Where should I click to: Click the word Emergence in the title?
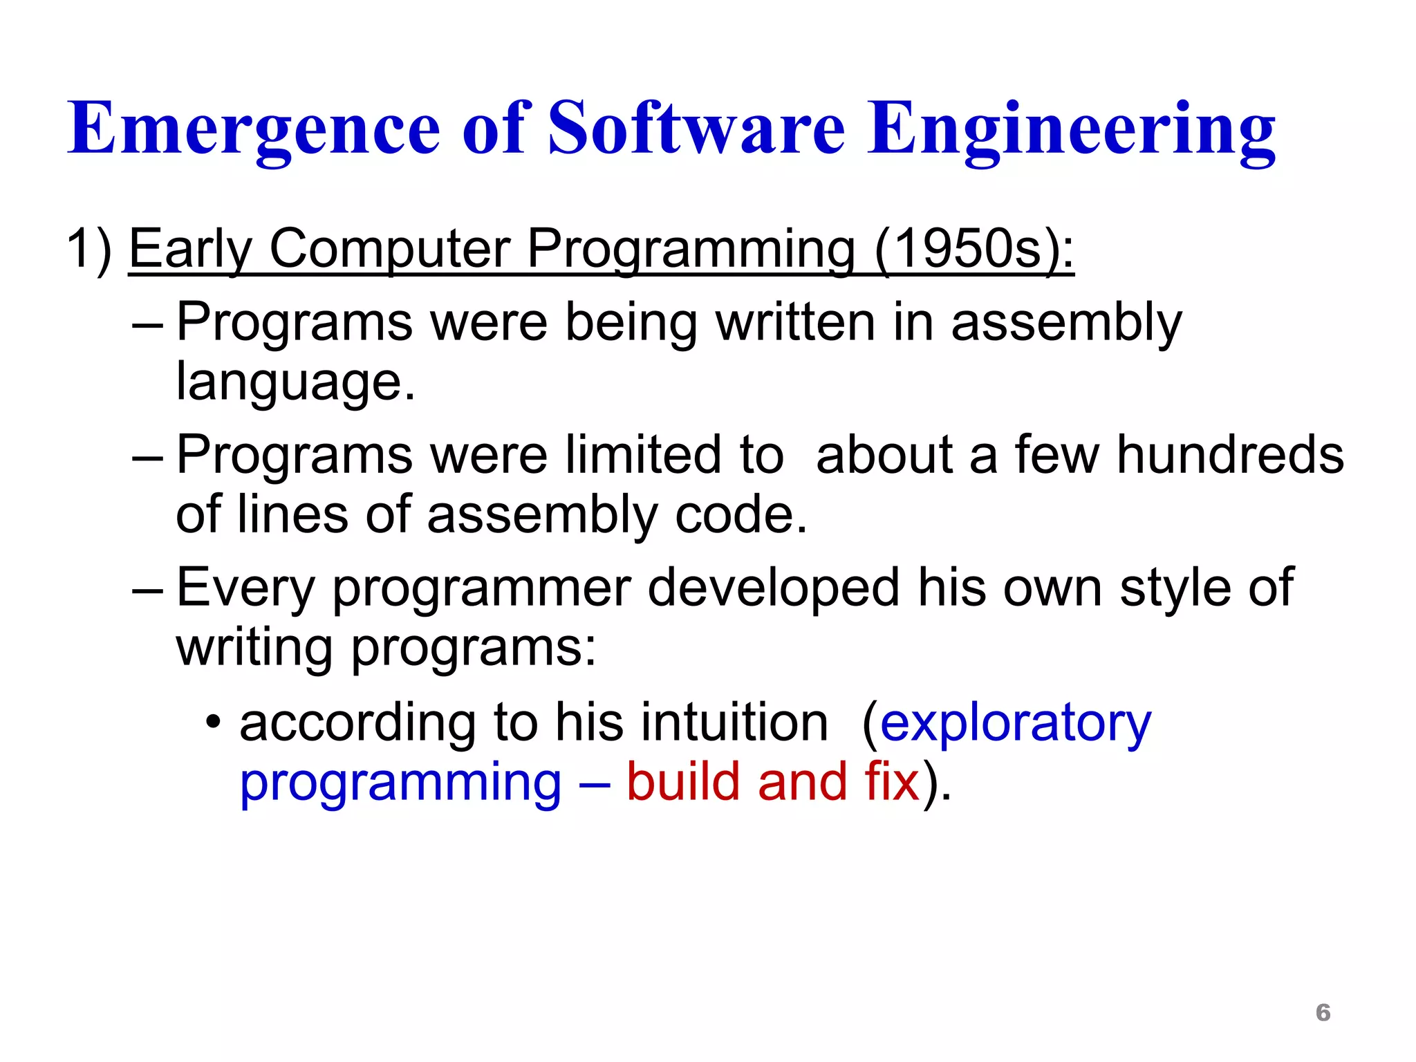(253, 130)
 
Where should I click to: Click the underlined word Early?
(191, 250)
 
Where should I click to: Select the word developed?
(774, 588)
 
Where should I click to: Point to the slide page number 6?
(1323, 1012)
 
